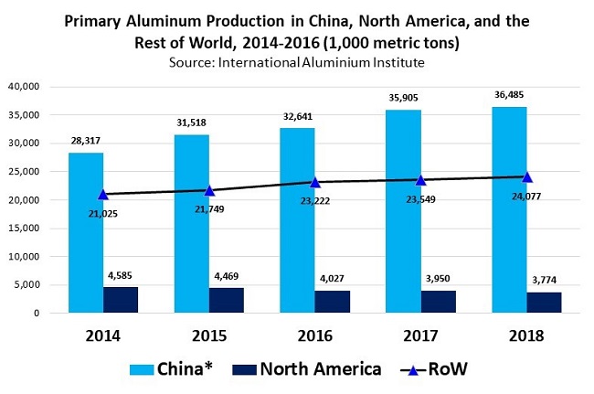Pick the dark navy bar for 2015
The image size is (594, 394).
pos(226,300)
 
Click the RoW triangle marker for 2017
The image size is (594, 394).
pos(420,180)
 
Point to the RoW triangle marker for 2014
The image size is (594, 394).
pos(103,194)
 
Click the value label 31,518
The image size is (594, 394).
pos(192,122)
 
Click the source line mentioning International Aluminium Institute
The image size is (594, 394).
pos(297,61)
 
